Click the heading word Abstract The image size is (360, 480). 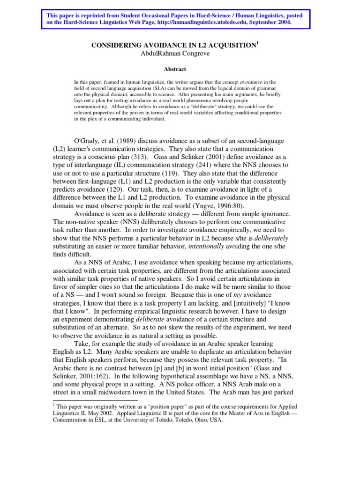(175, 69)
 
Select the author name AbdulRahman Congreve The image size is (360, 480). (174, 53)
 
